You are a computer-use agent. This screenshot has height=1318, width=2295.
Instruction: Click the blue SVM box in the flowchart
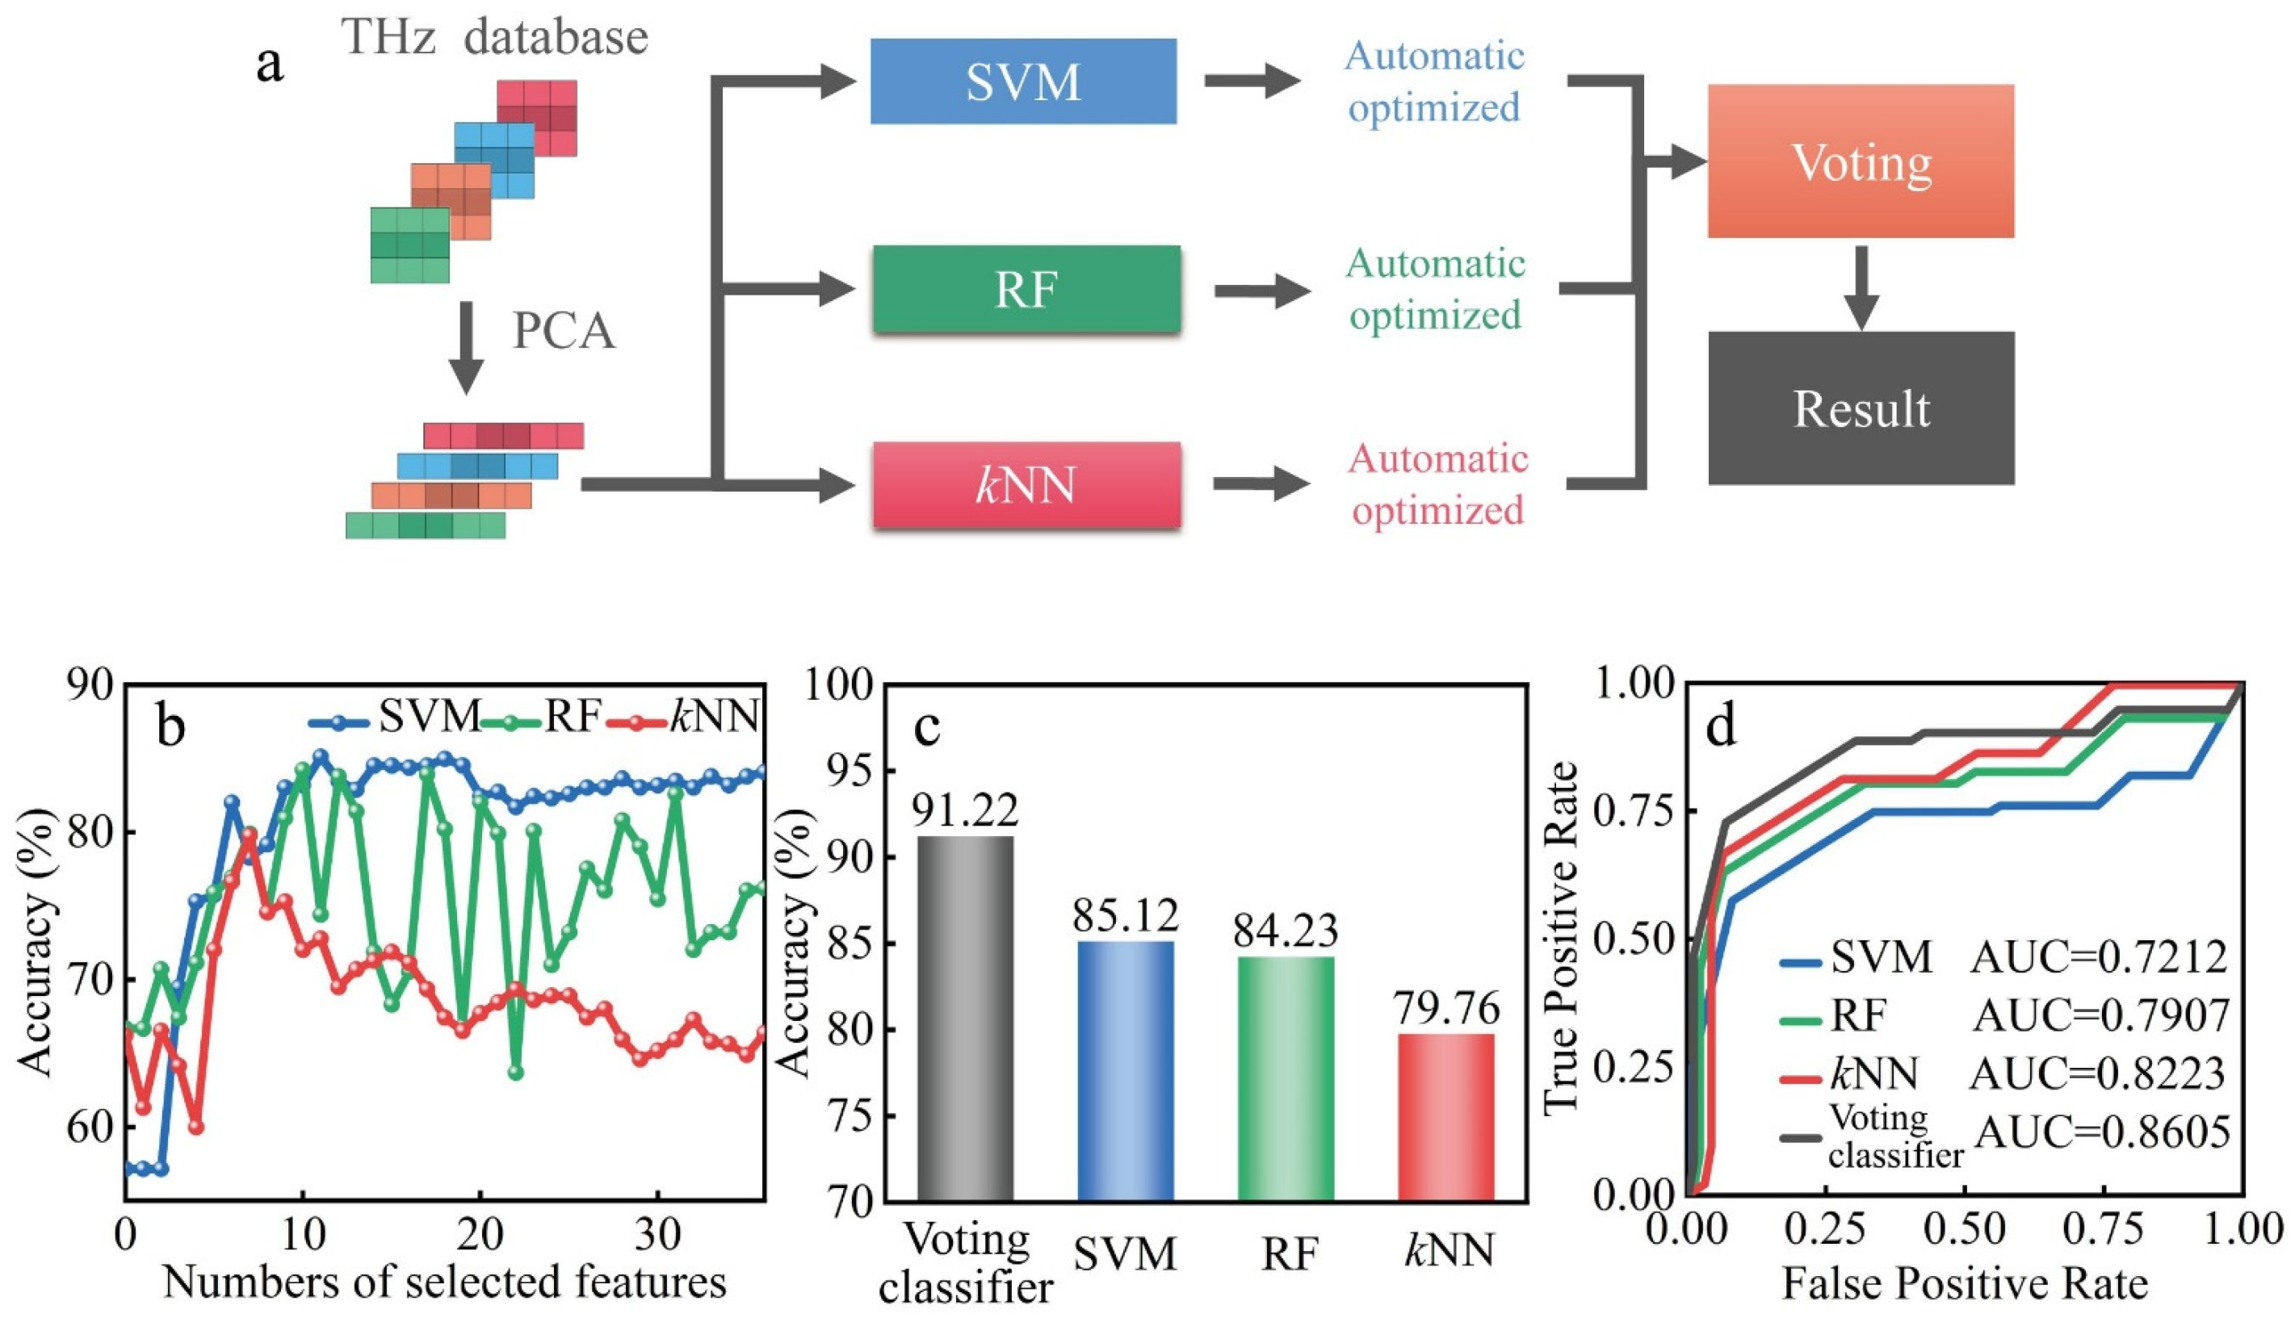[x=1023, y=82]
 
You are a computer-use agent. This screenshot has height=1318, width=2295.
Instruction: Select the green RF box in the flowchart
[x=1026, y=290]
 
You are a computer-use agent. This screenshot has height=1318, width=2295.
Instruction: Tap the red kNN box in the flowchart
[x=1026, y=485]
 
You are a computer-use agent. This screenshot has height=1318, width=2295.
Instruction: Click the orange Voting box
[x=1861, y=162]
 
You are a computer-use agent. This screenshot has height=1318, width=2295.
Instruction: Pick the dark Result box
[x=1861, y=408]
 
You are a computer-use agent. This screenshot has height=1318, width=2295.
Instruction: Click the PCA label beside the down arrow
[x=564, y=331]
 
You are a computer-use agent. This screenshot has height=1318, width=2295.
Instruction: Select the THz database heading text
[x=494, y=38]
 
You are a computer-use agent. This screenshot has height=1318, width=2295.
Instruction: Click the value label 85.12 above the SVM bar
[x=1126, y=916]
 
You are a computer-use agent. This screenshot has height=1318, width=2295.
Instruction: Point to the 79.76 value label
[x=1446, y=1008]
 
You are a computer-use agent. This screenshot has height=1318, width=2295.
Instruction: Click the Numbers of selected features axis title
[x=445, y=1282]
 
